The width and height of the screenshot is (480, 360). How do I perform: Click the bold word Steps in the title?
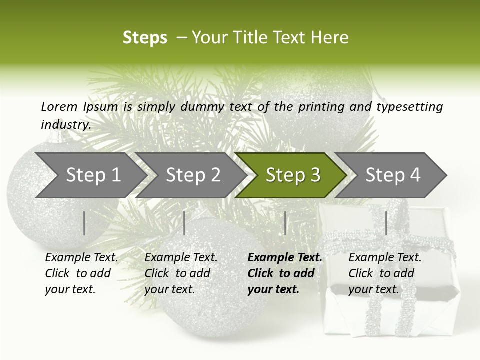pos(145,38)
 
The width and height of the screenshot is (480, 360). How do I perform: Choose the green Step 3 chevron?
pos(293,175)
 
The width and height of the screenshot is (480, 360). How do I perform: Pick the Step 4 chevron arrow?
pos(393,175)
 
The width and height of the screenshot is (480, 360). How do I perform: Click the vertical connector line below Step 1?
pos(84,223)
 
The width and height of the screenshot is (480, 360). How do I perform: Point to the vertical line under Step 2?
pos(184,223)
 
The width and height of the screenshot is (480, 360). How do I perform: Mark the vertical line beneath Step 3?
pos(285,223)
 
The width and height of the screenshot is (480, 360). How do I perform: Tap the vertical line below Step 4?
pos(386,223)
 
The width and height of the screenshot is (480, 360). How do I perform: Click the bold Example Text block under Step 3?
pos(285,273)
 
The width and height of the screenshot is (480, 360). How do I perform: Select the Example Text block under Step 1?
pos(81,273)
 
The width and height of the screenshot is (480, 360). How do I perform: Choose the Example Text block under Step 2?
pos(181,273)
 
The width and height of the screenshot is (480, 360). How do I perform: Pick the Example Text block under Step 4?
pos(385,273)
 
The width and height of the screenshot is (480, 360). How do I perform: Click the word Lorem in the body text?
pos(59,106)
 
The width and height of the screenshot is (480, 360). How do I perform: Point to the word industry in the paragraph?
pos(66,125)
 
